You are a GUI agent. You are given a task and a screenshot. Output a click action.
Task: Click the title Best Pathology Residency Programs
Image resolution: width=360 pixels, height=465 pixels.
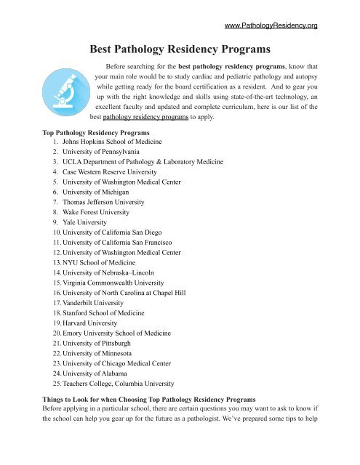pos(180,51)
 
